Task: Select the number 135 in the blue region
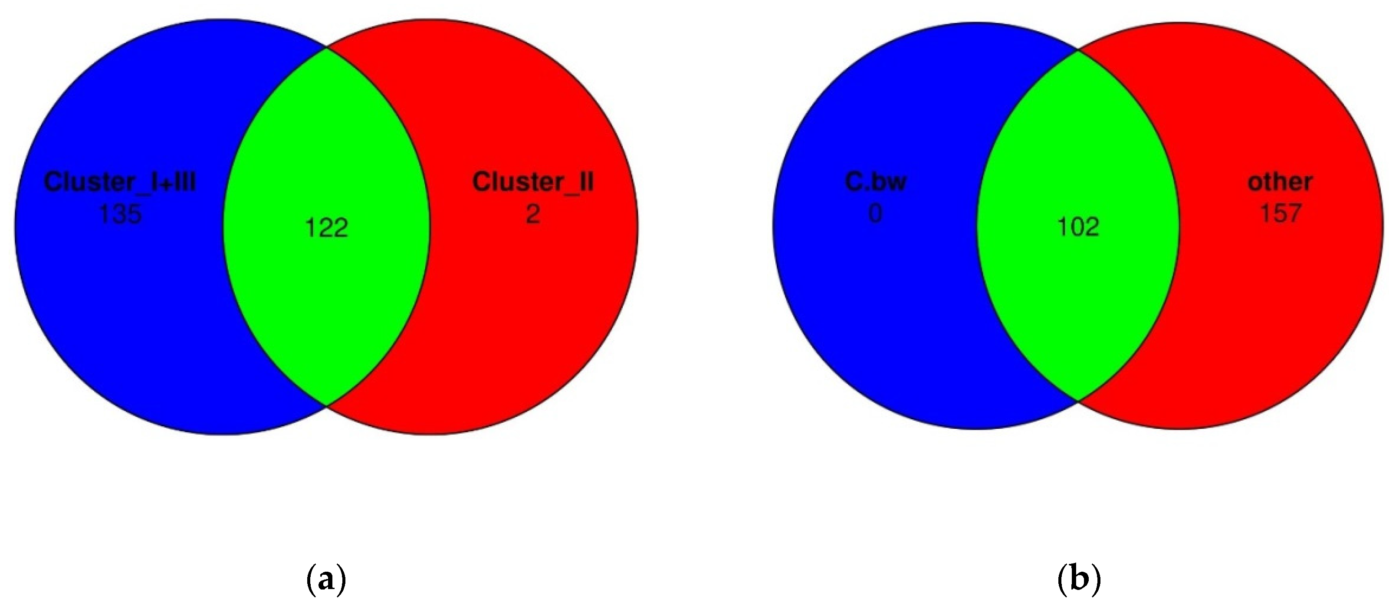[x=120, y=214]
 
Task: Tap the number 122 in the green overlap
[x=326, y=228]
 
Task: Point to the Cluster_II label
[x=533, y=181]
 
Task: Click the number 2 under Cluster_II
[x=533, y=214]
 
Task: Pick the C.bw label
[x=876, y=181]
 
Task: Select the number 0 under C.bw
[x=875, y=213]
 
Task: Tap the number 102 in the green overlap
[x=1078, y=227]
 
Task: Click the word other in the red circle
[x=1280, y=181]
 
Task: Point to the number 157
[x=1281, y=213]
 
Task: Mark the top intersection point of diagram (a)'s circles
[x=327, y=48]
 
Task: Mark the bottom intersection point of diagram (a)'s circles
[x=326, y=405]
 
